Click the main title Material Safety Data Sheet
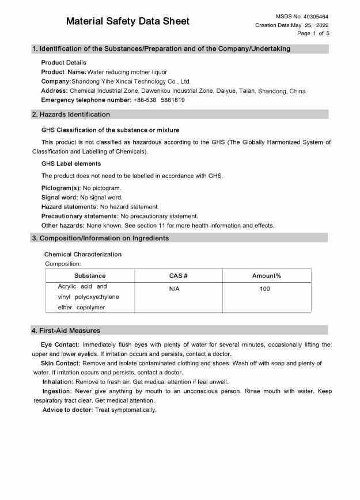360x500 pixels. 127,22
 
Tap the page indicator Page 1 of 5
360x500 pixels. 313,33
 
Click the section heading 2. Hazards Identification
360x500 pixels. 71,115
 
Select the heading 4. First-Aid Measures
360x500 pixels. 66,331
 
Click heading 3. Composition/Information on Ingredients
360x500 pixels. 100,238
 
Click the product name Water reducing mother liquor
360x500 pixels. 127,72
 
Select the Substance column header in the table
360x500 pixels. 90,276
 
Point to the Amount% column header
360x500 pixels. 267,276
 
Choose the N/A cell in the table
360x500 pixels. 175,289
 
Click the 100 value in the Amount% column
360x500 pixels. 264,289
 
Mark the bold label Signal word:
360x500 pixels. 59,198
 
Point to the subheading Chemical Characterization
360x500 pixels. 83,254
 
